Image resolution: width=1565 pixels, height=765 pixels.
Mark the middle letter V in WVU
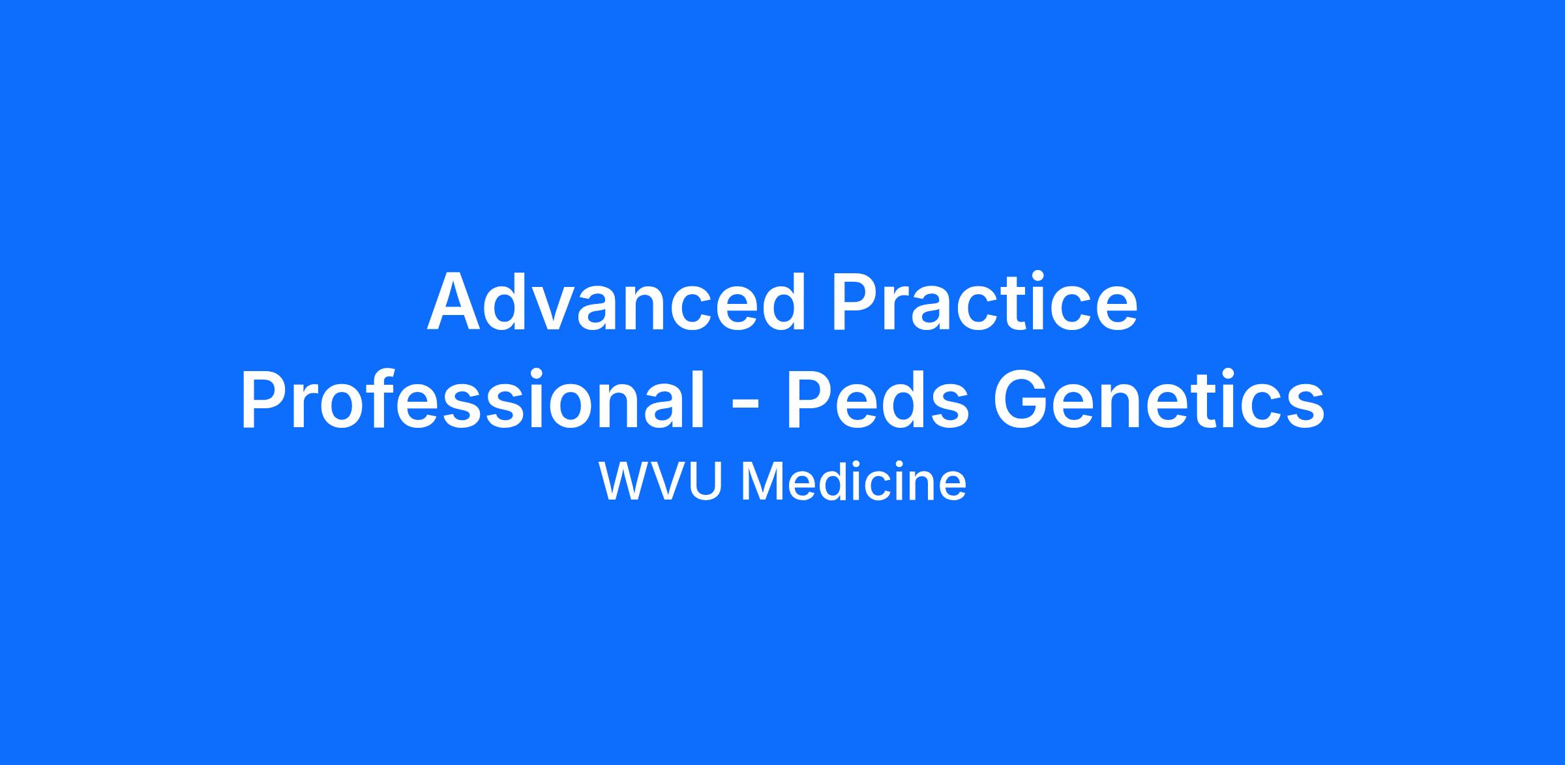[x=670, y=482]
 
